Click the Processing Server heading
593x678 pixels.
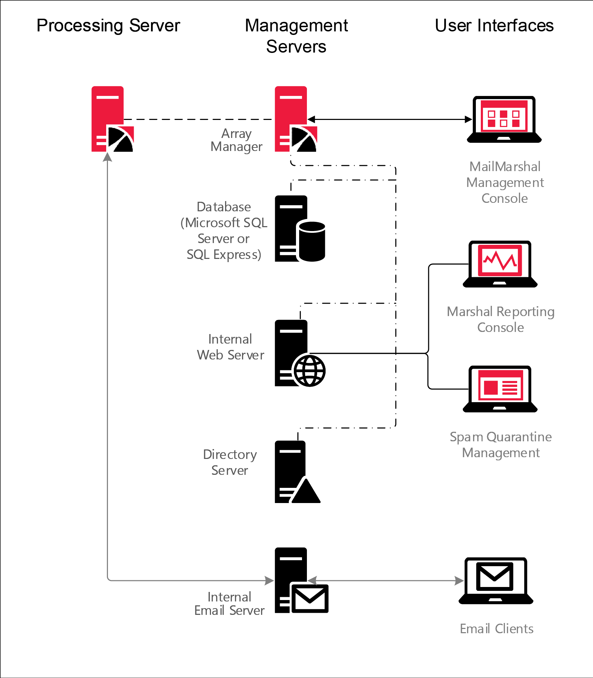pos(108,26)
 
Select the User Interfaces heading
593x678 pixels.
pos(494,26)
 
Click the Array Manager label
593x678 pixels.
pos(236,140)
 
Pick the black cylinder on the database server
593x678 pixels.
pos(312,241)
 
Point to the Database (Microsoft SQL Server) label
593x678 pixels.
pos(224,230)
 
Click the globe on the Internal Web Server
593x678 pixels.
pos(309,371)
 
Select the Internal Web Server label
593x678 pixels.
pos(230,347)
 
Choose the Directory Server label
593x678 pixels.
pos(230,462)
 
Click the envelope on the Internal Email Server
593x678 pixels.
pos(309,598)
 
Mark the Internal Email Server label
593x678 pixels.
pos(229,604)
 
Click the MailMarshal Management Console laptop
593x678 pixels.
pos(504,119)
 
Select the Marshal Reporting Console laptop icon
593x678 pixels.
pos(500,264)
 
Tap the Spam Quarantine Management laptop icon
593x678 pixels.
pos(500,389)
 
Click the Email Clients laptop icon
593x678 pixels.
pos(496,581)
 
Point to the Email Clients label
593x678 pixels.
pos(497,629)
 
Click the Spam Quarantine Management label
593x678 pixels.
pos(501,444)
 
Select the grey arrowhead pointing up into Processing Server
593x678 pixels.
pos(107,157)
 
